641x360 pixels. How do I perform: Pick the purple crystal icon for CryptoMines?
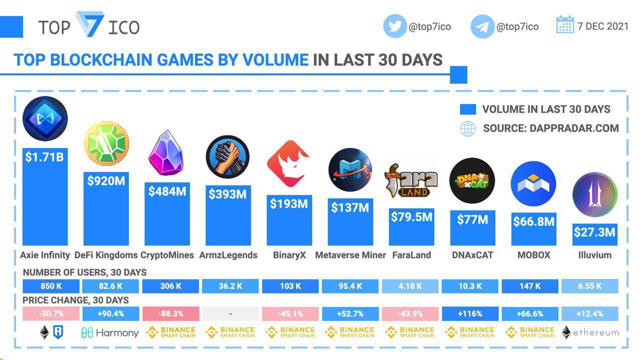tap(166, 152)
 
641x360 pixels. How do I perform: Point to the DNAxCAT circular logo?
tap(472, 181)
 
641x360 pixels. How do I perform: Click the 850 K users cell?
tap(51, 286)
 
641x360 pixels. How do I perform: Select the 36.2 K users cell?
tap(230, 286)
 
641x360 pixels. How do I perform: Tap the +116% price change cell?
tap(470, 314)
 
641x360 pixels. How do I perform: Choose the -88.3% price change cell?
tap(171, 314)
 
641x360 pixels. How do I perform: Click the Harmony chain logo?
tap(110, 332)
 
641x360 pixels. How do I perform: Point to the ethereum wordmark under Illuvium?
tap(596, 332)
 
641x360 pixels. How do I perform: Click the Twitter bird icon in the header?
tap(395, 26)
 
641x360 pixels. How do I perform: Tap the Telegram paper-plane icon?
tap(482, 26)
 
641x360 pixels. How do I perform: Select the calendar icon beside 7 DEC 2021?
tap(565, 24)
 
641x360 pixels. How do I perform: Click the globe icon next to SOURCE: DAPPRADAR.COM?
tap(468, 128)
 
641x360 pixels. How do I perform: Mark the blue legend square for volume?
tap(468, 109)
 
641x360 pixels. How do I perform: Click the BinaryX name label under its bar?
tap(289, 255)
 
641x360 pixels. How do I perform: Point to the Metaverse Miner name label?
tap(351, 255)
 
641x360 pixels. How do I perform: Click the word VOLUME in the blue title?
tap(275, 60)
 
